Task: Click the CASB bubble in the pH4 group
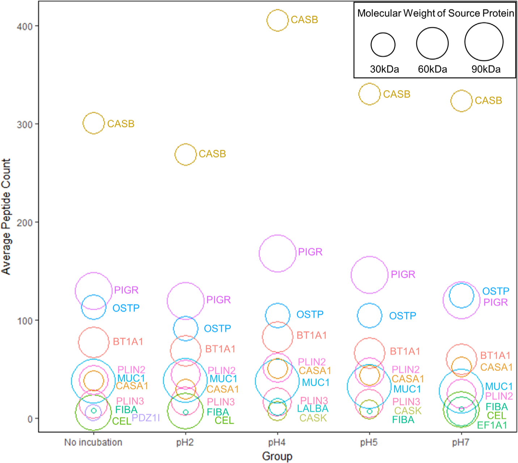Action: click(277, 20)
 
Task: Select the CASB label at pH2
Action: click(212, 154)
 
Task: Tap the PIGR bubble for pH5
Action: click(369, 275)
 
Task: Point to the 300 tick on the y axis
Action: click(24, 124)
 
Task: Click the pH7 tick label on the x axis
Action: click(461, 442)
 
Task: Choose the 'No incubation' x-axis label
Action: click(93, 442)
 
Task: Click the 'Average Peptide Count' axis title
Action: click(6, 216)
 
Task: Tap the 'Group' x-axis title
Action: click(277, 456)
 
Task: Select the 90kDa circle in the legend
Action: click(484, 42)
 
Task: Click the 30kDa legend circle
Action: click(383, 45)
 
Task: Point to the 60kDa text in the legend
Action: click(433, 69)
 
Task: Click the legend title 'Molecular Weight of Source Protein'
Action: click(436, 13)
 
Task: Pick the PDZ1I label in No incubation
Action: click(146, 418)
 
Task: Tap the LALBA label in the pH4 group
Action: click(313, 409)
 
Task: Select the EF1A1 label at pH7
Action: click(492, 425)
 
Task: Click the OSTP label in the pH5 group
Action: click(403, 316)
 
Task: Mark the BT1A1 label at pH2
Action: click(220, 349)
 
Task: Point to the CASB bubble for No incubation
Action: click(94, 123)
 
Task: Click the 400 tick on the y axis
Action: click(24, 26)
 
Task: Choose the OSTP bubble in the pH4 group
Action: click(278, 316)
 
